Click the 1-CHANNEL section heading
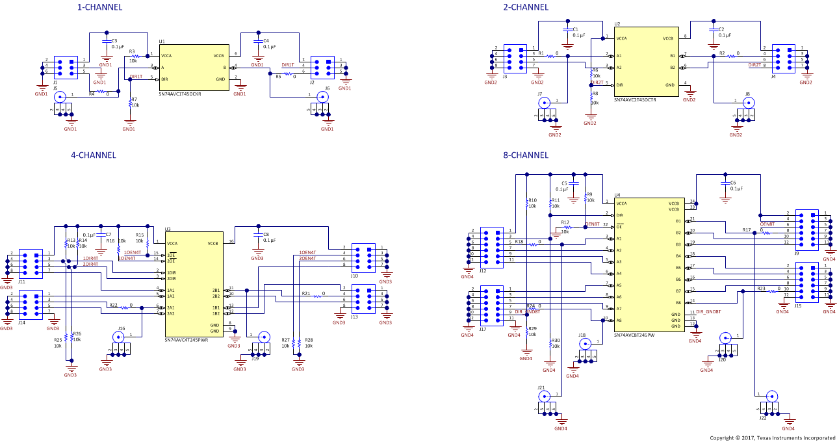(x=99, y=7)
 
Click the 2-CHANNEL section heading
(x=526, y=7)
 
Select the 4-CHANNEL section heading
(x=94, y=155)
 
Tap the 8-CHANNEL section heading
(x=526, y=155)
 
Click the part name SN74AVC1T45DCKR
(x=180, y=94)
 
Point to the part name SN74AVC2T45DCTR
(x=635, y=100)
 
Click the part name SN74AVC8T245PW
(x=634, y=335)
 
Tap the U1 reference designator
(x=162, y=41)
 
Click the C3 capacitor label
(x=114, y=40)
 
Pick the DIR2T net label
(x=754, y=65)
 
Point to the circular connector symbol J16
(x=119, y=337)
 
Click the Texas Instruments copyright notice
(x=773, y=437)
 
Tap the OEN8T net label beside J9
(x=767, y=224)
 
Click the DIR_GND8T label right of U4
(x=708, y=313)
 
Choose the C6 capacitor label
(x=733, y=183)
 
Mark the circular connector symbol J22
(x=771, y=395)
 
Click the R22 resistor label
(x=113, y=305)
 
